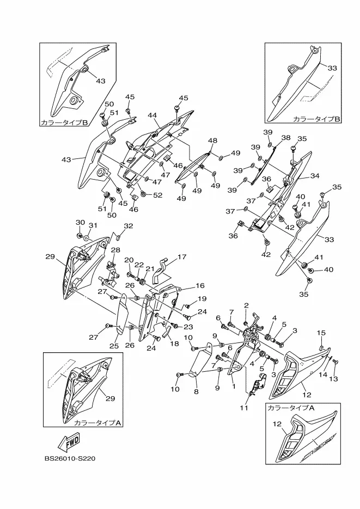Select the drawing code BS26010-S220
tap(72, 458)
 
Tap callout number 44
tap(152, 115)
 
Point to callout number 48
tap(212, 140)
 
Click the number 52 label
tap(157, 195)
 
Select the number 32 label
tap(128, 226)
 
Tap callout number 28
tap(115, 250)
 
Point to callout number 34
tap(315, 176)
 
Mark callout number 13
tap(334, 378)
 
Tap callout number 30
tap(81, 223)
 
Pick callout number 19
tap(202, 298)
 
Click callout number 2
tap(246, 305)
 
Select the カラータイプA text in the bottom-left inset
tap(91, 422)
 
